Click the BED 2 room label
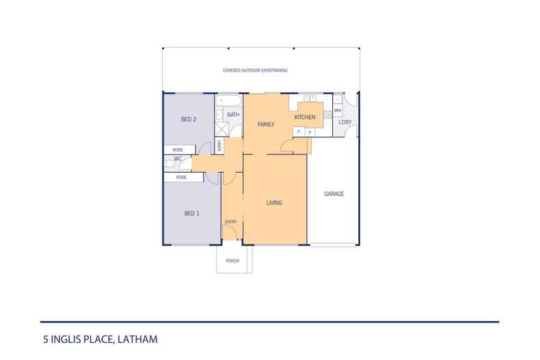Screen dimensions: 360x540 coord(189,120)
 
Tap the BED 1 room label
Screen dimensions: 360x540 coord(192,213)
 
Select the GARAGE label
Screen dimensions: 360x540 coord(334,194)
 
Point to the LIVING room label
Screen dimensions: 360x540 coord(274,203)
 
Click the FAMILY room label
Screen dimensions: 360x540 coord(265,125)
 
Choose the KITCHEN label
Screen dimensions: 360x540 coord(304,117)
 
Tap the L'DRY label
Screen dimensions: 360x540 coord(345,122)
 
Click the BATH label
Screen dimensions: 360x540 coord(233,115)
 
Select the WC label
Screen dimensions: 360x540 coord(177,159)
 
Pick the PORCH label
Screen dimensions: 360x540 coord(232,261)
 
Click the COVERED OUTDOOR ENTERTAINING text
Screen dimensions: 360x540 coord(255,70)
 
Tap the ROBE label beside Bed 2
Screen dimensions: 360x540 coord(177,149)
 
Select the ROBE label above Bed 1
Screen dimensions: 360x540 coord(181,177)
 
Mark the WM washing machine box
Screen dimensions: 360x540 coord(337,111)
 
